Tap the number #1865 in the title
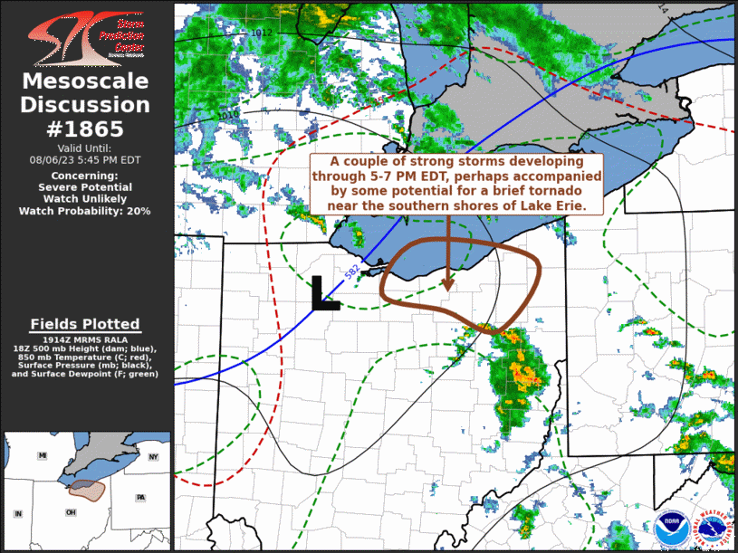point(84,129)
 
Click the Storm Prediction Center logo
point(86,35)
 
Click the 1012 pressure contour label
point(263,33)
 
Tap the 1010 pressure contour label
point(230,115)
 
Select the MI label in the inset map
point(42,456)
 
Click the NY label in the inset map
point(152,457)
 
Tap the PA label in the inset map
point(139,498)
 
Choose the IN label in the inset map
point(17,514)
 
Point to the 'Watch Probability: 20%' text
point(85,211)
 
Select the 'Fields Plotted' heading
point(85,324)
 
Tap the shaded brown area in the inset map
point(88,490)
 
